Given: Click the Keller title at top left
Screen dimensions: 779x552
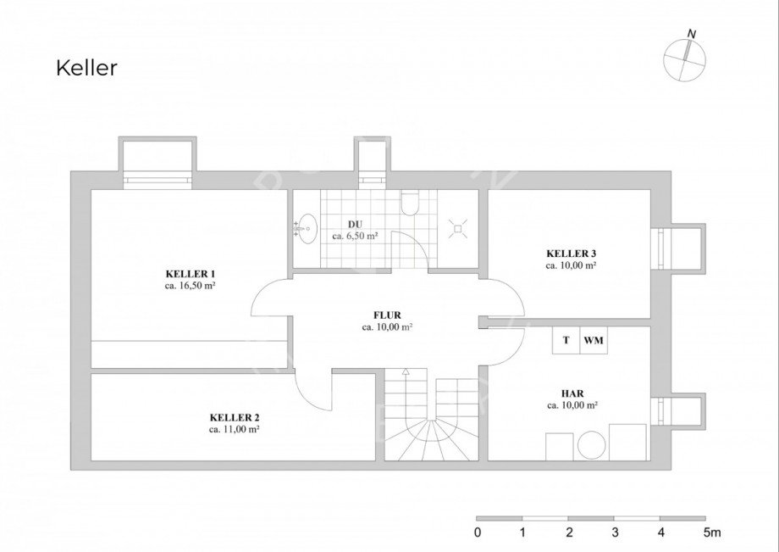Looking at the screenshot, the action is click(87, 68).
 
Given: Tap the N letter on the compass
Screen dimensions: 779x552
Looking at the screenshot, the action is click(692, 34).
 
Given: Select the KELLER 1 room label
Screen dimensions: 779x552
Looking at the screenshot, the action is click(191, 274).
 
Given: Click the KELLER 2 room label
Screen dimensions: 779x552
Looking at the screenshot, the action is click(235, 418).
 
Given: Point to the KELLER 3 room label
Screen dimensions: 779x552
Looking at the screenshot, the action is click(572, 254).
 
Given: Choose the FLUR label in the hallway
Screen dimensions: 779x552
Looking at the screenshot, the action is click(387, 315).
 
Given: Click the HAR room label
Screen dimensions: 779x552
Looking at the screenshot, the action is click(572, 393).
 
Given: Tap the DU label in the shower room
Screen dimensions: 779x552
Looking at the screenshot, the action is click(356, 225).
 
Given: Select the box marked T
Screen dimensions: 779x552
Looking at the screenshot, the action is click(566, 340).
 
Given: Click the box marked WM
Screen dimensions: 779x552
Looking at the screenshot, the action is click(594, 340).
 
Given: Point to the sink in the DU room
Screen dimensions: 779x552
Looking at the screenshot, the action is click(306, 229).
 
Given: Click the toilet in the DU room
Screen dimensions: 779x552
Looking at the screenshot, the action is click(410, 203).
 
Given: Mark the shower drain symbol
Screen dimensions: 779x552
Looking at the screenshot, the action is click(458, 229).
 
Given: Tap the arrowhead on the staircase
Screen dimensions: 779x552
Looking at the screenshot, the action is click(406, 371).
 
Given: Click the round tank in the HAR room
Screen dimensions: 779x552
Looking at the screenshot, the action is click(591, 445).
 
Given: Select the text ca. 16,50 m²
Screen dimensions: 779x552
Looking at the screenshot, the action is click(190, 286).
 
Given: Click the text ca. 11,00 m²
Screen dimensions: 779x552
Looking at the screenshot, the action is click(235, 430).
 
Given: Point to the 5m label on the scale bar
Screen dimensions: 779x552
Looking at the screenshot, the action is click(712, 532).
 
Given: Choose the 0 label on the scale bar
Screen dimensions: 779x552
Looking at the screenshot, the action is click(478, 532).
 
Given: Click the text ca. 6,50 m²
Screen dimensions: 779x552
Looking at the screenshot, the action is click(356, 237).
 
